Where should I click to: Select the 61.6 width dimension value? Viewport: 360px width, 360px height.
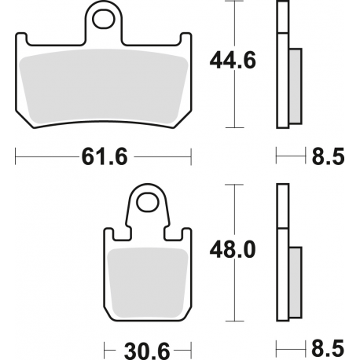(104, 156)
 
